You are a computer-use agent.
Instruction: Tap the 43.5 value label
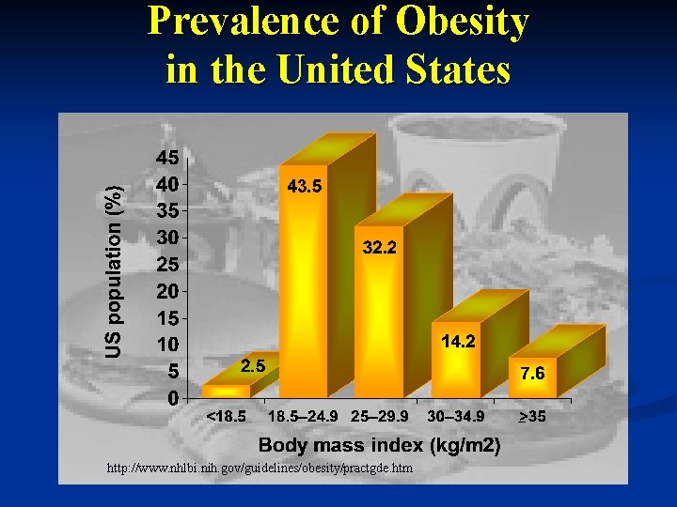pyautogui.click(x=304, y=187)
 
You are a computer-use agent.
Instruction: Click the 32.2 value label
pyautogui.click(x=380, y=248)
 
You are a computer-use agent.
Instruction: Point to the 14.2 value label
pyautogui.click(x=458, y=343)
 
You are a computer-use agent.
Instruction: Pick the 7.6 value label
pyautogui.click(x=532, y=374)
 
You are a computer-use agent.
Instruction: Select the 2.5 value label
pyautogui.click(x=253, y=366)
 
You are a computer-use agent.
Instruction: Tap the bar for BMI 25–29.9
pyautogui.click(x=378, y=319)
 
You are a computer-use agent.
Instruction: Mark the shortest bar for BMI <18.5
pyautogui.click(x=226, y=392)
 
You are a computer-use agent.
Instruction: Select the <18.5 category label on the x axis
pyautogui.click(x=227, y=416)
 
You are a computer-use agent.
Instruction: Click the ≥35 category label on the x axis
pyautogui.click(x=528, y=416)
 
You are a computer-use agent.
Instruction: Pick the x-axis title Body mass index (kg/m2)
pyautogui.click(x=378, y=445)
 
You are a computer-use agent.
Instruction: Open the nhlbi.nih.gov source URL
pyautogui.click(x=260, y=468)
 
